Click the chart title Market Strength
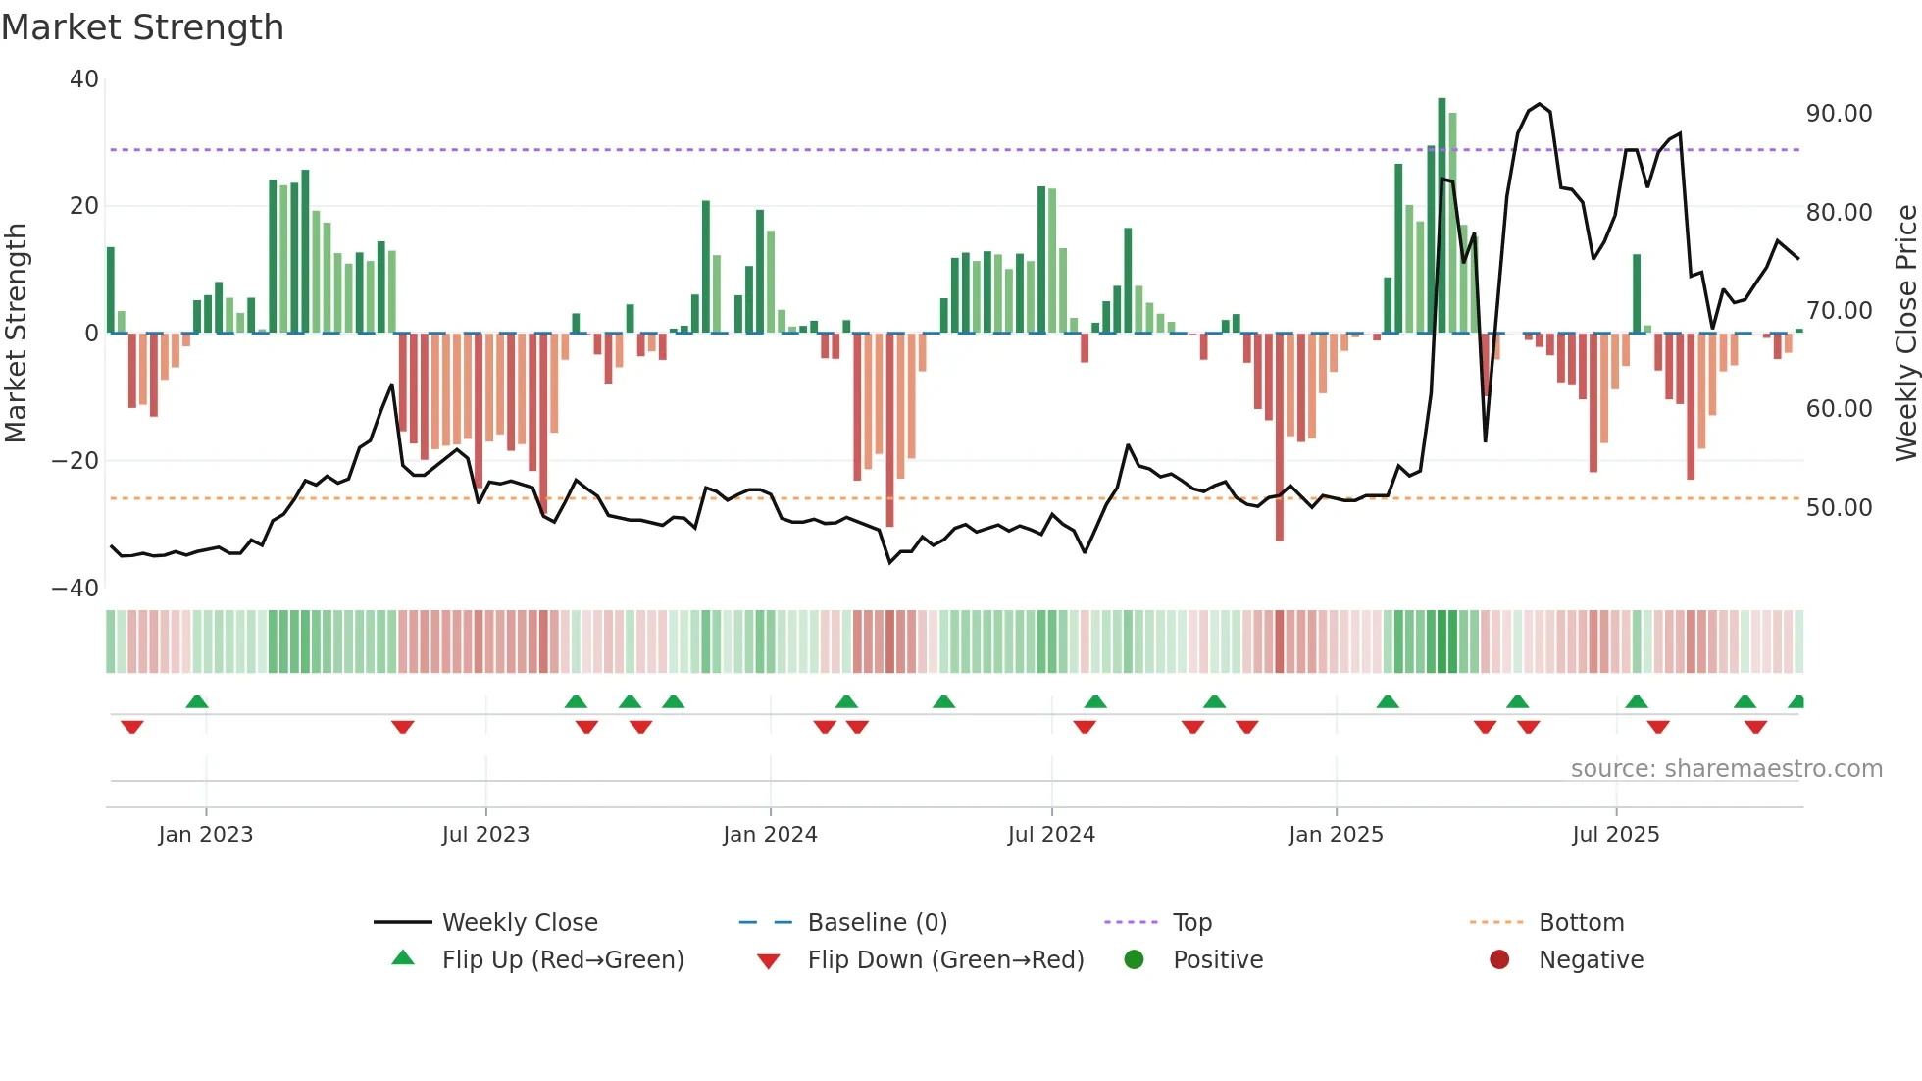pyautogui.click(x=142, y=27)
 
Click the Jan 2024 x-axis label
pyautogui.click(x=770, y=835)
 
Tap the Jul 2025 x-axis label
pyautogui.click(x=1615, y=835)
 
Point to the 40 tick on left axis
pyautogui.click(x=84, y=79)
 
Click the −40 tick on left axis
pyautogui.click(x=76, y=589)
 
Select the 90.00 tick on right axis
pyautogui.click(x=1839, y=114)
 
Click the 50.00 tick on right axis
pyautogui.click(x=1839, y=508)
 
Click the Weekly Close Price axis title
pyautogui.click(x=1905, y=334)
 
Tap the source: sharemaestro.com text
pyautogui.click(x=1726, y=769)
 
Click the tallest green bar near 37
pyautogui.click(x=1441, y=216)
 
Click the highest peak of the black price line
pyautogui.click(x=1540, y=104)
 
